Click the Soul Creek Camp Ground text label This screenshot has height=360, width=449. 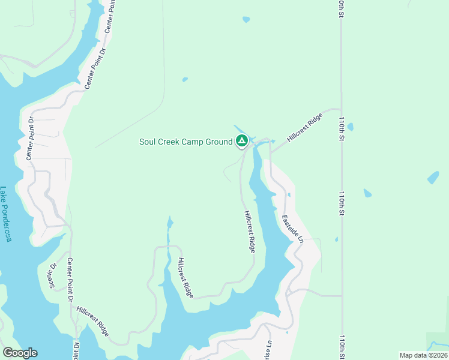click(x=185, y=142)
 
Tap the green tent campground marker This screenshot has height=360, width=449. click(x=242, y=142)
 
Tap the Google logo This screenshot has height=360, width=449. click(x=20, y=353)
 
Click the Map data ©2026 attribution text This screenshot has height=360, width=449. click(x=423, y=355)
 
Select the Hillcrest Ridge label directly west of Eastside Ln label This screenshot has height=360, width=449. click(x=250, y=231)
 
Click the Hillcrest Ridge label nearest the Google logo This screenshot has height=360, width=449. click(x=92, y=321)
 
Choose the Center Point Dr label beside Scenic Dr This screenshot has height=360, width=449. click(x=70, y=280)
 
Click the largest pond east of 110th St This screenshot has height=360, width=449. click(x=433, y=178)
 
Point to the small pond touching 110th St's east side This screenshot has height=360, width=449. click(x=350, y=127)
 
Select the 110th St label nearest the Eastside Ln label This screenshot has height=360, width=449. click(x=341, y=203)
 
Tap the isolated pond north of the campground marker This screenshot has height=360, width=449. click(x=246, y=19)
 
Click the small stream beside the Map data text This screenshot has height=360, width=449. click(x=437, y=344)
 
